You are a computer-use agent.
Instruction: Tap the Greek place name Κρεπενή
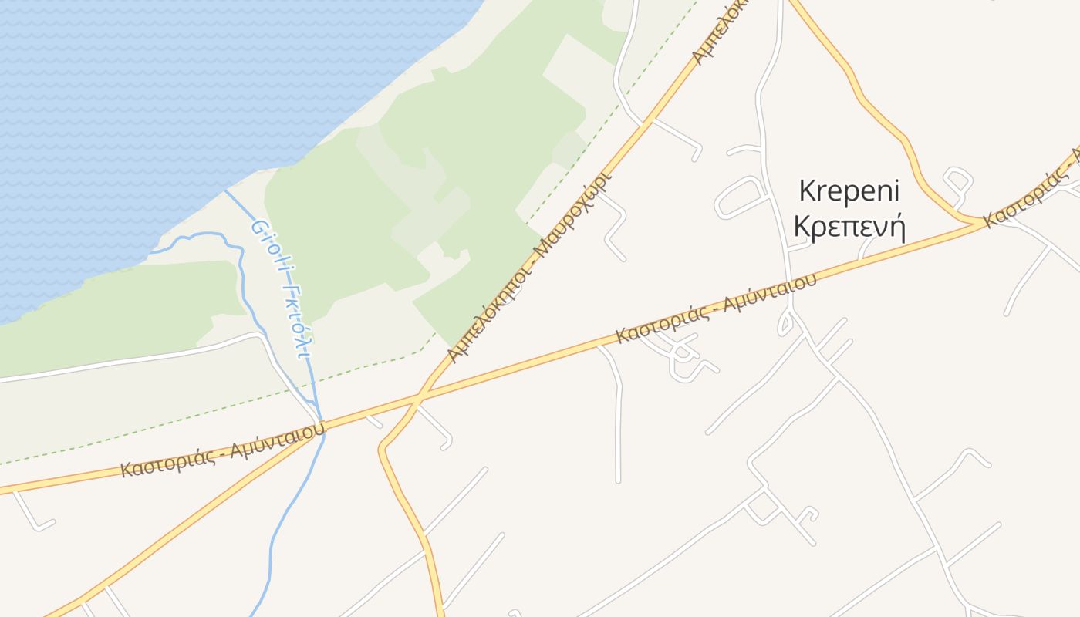coord(849,228)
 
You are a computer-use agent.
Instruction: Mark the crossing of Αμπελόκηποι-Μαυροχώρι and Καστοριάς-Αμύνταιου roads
coord(419,399)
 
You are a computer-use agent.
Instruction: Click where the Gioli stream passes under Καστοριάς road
coord(322,426)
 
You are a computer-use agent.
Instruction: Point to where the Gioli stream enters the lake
coord(225,192)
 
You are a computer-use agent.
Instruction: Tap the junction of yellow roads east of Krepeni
coord(983,224)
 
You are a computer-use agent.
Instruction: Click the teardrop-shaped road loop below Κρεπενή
coord(785,325)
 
